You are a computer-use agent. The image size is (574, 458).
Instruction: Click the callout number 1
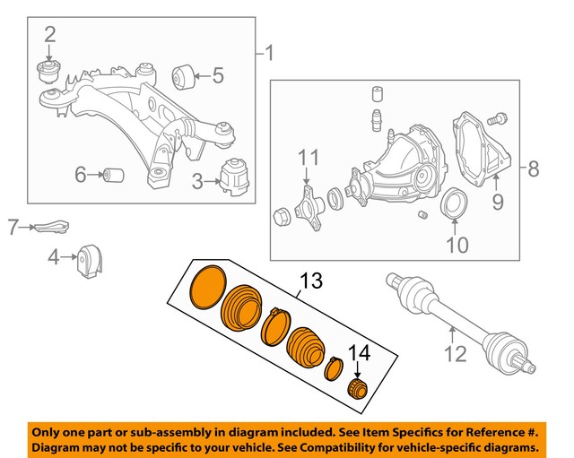(271, 55)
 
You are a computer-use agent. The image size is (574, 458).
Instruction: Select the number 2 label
(50, 35)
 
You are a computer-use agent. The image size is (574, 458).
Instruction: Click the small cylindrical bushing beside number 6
(114, 173)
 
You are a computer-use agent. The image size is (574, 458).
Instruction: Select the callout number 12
(456, 354)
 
